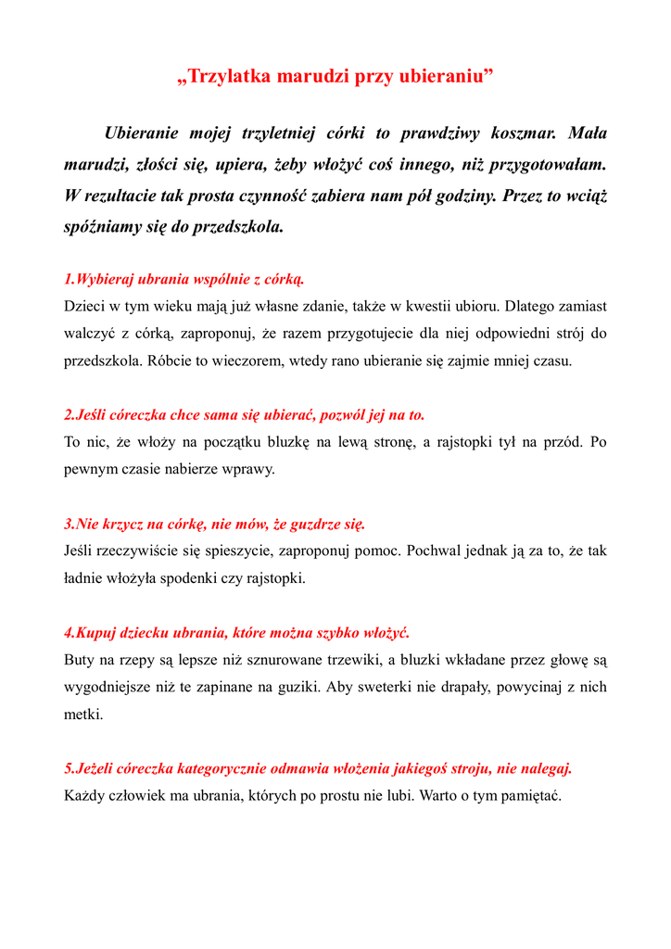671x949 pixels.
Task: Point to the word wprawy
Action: [x=251, y=469]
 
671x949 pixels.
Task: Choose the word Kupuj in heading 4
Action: [x=96, y=633]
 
